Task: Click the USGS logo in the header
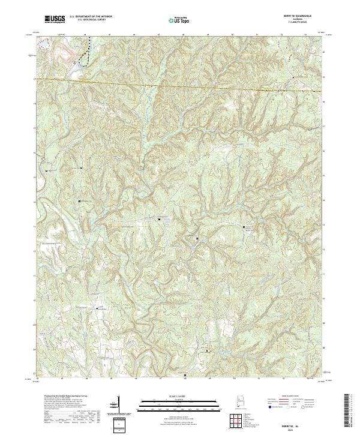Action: pos(55,19)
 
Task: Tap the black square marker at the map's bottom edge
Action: pos(185,376)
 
